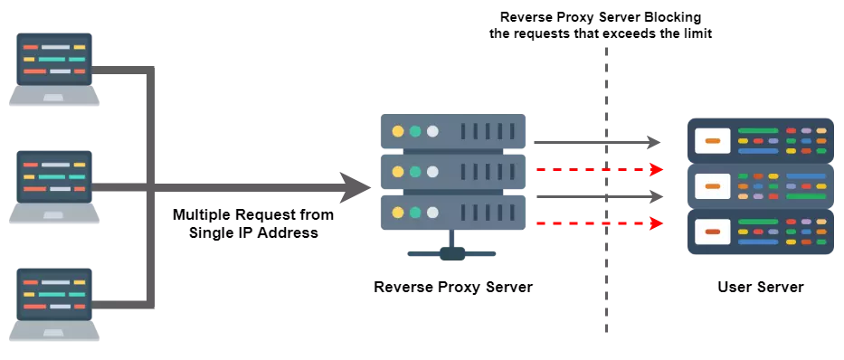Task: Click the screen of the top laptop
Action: click(x=54, y=58)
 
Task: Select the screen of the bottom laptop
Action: click(x=54, y=293)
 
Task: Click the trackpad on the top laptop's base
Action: click(x=54, y=97)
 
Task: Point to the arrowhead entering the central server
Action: click(x=348, y=188)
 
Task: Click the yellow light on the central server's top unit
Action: click(x=397, y=131)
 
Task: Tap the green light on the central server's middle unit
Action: click(x=415, y=171)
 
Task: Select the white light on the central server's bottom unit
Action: click(x=432, y=213)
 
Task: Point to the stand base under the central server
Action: click(x=451, y=253)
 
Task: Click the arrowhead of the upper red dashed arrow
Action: click(x=658, y=169)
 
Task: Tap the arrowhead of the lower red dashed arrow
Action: click(x=658, y=223)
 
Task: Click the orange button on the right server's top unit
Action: click(x=712, y=140)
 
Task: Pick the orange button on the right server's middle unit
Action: click(x=712, y=186)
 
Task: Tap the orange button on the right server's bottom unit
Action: click(x=712, y=232)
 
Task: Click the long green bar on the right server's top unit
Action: click(x=757, y=131)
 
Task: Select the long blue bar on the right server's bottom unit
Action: click(x=757, y=242)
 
